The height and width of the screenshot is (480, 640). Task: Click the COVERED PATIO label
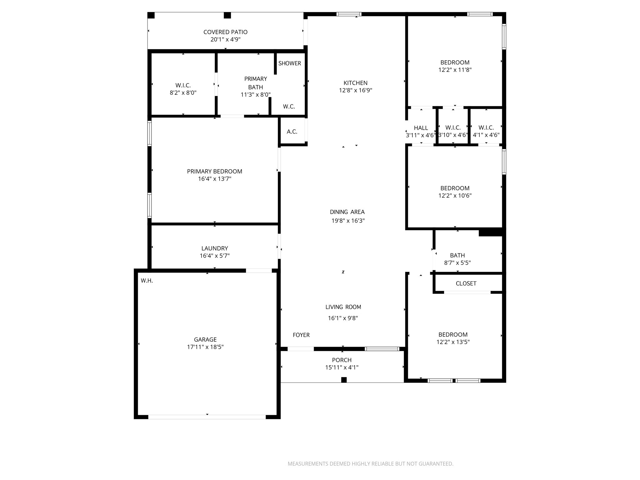point(225,32)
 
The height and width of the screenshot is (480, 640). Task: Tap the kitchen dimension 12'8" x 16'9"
point(355,90)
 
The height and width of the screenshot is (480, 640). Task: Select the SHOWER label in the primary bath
point(289,63)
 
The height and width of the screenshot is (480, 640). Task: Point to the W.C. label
point(289,107)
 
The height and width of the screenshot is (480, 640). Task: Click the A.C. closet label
point(292,132)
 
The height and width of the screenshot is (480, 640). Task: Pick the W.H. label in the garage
point(147,281)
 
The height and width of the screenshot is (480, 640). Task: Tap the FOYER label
point(301,335)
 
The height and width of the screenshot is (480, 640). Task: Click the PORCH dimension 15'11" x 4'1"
point(342,367)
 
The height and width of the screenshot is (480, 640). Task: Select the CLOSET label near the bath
point(466,283)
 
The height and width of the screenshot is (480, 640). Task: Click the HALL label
point(421,128)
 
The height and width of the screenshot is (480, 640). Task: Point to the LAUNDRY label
point(214,248)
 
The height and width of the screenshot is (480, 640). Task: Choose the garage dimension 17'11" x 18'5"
point(205,347)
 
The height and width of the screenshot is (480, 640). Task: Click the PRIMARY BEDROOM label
point(214,171)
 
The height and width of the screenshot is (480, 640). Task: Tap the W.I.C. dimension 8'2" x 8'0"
point(183,93)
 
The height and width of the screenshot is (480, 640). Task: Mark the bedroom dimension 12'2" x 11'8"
point(455,70)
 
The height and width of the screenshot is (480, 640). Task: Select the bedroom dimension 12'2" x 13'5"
point(453,342)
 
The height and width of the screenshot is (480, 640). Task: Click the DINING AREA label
point(347,212)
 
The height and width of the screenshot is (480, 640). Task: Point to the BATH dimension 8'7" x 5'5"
point(457,263)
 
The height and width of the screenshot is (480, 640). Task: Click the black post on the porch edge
point(344,380)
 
